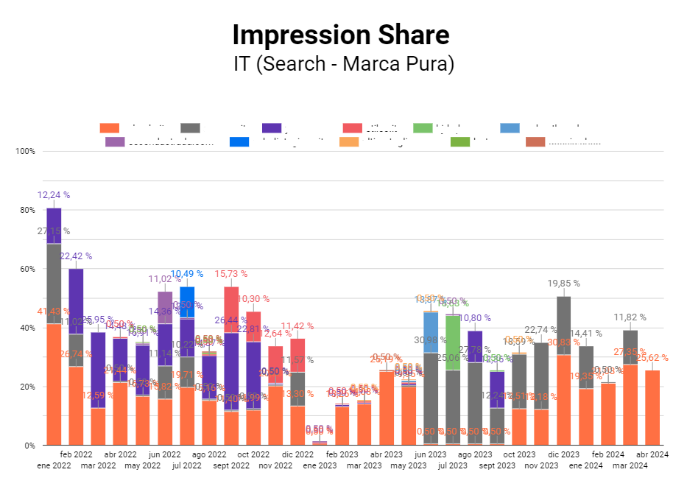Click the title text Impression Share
pyautogui.click(x=340, y=35)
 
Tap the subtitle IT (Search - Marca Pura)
pyautogui.click(x=343, y=64)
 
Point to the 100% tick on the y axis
pyautogui.click(x=25, y=151)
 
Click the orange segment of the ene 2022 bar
pyautogui.click(x=54, y=384)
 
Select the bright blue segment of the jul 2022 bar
pyautogui.click(x=187, y=302)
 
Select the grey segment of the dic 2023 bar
pyautogui.click(x=564, y=325)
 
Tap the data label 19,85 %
pyautogui.click(x=563, y=284)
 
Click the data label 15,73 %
pyautogui.click(x=231, y=274)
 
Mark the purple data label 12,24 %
pyautogui.click(x=54, y=195)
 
